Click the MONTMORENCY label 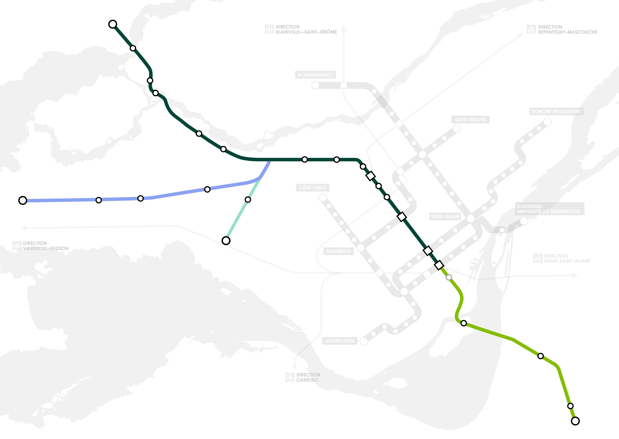pos(315,75)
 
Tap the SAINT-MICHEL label pos(470,119)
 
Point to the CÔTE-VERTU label pos(313,188)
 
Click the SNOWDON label pos(338,251)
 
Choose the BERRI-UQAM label pos(445,217)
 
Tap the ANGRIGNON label pos(340,341)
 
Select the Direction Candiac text pos(308,377)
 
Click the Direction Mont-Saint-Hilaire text pos(567,259)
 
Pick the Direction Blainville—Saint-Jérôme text pos(306,29)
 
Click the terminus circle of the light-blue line pos(23,200)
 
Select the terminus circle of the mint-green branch pos(226,241)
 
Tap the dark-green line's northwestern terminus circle pos(113,24)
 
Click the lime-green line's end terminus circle pos(575,421)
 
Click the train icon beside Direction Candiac pos(290,377)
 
